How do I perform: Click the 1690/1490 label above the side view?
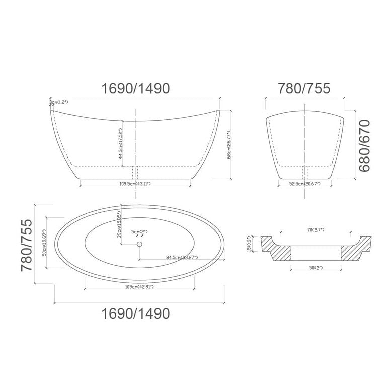click(x=135, y=89)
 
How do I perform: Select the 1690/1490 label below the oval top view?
click(x=135, y=313)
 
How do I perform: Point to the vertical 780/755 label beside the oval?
click(x=27, y=245)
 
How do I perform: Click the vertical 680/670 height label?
click(x=364, y=146)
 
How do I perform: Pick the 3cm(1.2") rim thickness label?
click(x=59, y=103)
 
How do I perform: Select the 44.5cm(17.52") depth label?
click(x=121, y=143)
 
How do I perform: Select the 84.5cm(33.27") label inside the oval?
click(x=182, y=258)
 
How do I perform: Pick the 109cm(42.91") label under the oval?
click(x=139, y=287)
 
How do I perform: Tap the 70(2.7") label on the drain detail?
click(x=315, y=230)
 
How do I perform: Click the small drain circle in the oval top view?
click(x=139, y=244)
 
